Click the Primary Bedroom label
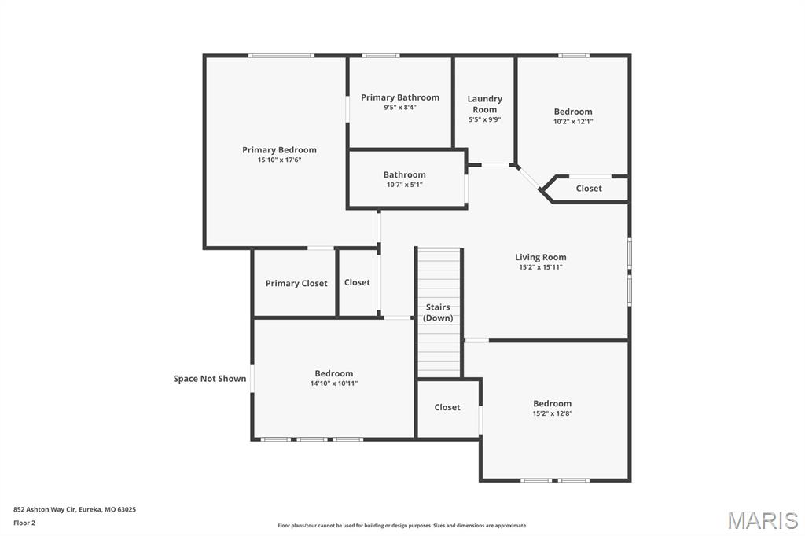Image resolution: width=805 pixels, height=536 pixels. tap(279, 150)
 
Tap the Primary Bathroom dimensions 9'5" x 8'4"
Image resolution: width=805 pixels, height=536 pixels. tap(400, 108)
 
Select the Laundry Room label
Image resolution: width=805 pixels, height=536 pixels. tap(484, 104)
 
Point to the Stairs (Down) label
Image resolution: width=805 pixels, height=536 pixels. tap(438, 312)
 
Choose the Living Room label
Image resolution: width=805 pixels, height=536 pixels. tap(540, 257)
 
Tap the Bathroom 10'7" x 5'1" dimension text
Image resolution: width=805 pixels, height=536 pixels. tap(404, 185)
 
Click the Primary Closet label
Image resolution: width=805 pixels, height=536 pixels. tap(296, 283)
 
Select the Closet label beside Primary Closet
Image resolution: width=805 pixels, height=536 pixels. tap(357, 282)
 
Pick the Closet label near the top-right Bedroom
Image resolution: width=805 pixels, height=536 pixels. tap(589, 189)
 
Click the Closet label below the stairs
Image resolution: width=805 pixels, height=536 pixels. tap(447, 407)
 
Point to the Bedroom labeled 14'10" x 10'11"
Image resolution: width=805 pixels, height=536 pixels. tap(334, 373)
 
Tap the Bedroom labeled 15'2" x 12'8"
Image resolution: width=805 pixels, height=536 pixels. tap(552, 403)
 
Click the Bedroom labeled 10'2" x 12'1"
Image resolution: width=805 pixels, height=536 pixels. tap(573, 112)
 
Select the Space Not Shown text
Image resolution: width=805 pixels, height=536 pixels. tap(210, 379)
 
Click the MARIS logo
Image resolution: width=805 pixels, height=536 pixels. tap(763, 520)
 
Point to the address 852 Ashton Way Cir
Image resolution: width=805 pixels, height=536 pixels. tap(75, 509)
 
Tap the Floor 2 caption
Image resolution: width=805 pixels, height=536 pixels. tap(24, 523)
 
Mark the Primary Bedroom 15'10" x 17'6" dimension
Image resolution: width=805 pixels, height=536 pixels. tap(279, 160)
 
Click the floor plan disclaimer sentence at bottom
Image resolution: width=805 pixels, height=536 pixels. tap(402, 526)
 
